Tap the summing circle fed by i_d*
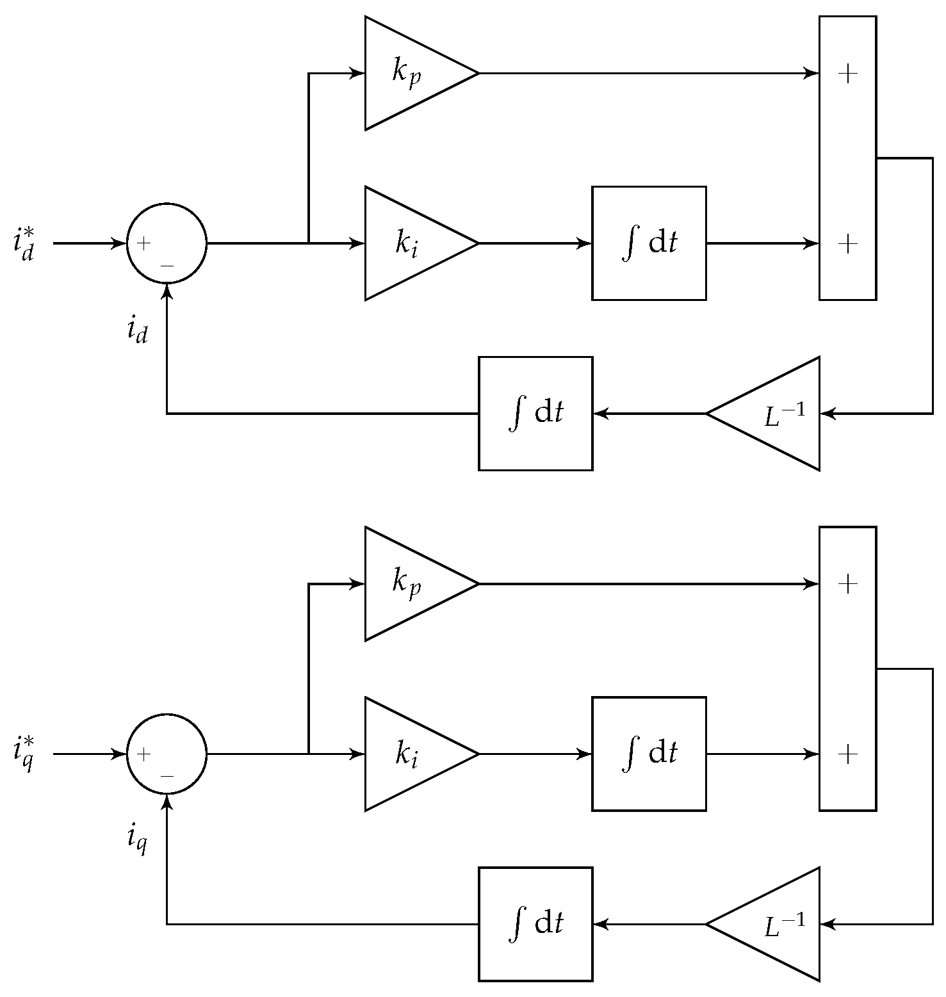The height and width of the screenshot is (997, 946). [x=167, y=243]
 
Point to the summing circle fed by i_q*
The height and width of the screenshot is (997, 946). [x=167, y=754]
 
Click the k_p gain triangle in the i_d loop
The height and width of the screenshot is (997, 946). [x=410, y=74]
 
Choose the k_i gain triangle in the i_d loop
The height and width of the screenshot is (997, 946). [x=410, y=243]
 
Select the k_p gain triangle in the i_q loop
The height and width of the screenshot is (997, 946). [x=410, y=584]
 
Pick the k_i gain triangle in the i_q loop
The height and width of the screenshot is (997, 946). [x=410, y=754]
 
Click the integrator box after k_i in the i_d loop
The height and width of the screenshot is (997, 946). [x=649, y=243]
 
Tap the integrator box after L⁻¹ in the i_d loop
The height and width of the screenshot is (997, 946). [x=535, y=414]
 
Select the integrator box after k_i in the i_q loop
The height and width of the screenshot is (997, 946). [x=649, y=754]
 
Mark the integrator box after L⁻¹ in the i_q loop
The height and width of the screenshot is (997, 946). [x=535, y=924]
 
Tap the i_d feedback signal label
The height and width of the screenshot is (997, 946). [x=138, y=330]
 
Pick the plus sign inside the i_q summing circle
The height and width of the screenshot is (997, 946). [x=144, y=754]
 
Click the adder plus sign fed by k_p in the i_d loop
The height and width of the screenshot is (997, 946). [x=847, y=74]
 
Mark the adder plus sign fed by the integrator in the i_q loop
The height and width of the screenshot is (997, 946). [x=847, y=754]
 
